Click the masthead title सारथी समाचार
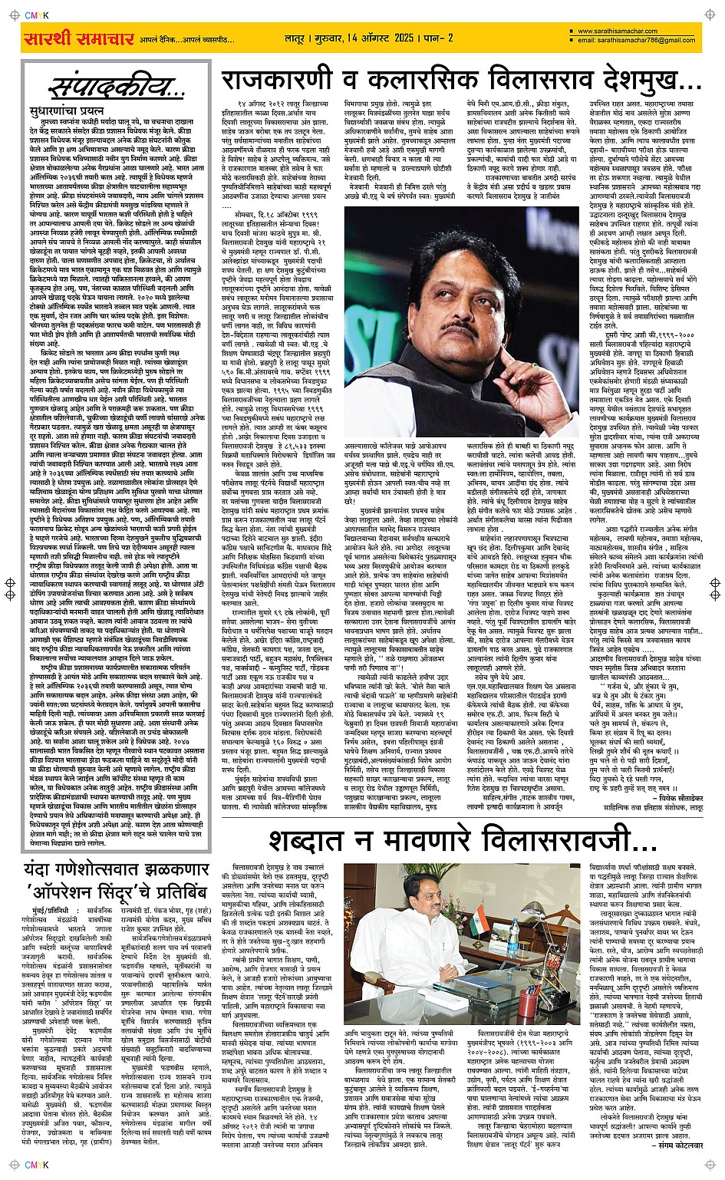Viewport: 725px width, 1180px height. (68, 38)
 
